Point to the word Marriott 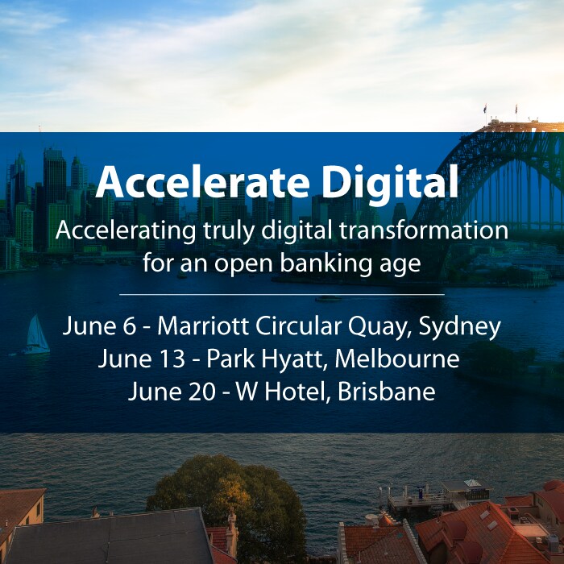(202, 326)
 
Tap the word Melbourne (397, 359)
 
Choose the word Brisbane (386, 392)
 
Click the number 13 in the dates (171, 359)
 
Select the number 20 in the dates (201, 392)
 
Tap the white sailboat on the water (37, 334)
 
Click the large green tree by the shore (227, 500)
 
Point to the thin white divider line (282, 295)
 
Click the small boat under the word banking (328, 298)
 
